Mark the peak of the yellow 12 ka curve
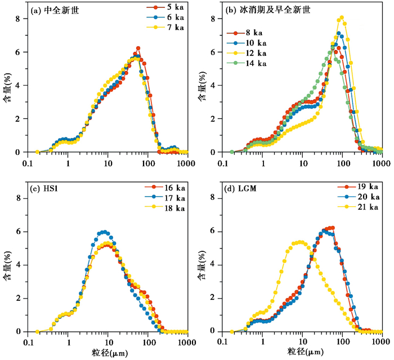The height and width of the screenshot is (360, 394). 341,17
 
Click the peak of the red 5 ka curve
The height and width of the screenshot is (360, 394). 137,48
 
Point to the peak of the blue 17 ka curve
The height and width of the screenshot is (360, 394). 103,232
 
